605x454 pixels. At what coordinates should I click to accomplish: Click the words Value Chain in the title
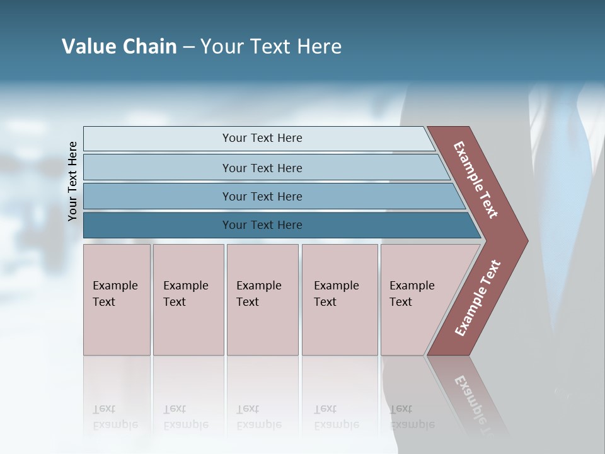[119, 47]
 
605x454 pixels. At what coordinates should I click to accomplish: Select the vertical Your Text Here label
[72, 181]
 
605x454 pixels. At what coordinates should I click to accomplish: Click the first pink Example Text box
[117, 300]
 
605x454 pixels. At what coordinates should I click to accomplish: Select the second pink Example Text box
[188, 300]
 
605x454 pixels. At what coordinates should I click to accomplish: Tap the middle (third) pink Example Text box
[262, 300]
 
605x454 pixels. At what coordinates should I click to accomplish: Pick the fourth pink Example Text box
[339, 300]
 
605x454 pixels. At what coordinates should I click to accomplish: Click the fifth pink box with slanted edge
[422, 300]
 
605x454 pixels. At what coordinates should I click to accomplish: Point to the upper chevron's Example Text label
[476, 180]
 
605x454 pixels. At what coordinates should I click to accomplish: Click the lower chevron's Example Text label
[478, 298]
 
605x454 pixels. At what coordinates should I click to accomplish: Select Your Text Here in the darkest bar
[262, 225]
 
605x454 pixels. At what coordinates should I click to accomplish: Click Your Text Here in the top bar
[262, 138]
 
